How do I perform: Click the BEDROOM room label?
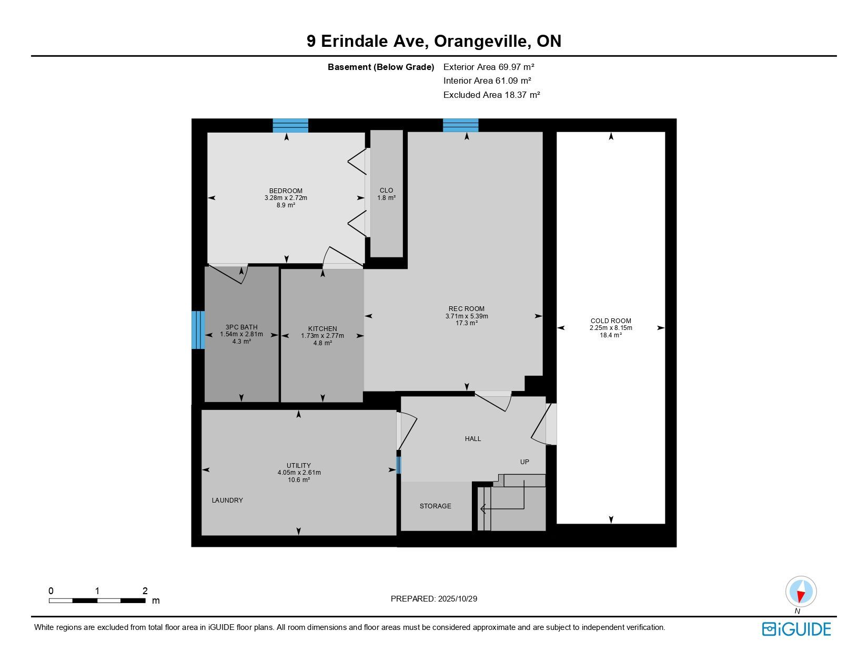click(286, 191)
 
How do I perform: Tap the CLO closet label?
click(386, 191)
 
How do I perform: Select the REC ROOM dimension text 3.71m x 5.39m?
click(467, 316)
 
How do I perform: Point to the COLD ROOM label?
click(611, 321)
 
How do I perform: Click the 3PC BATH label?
click(241, 327)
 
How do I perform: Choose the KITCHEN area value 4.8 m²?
click(322, 343)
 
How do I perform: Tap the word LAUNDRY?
click(227, 500)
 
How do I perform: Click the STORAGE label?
click(436, 506)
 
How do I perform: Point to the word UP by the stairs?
click(524, 462)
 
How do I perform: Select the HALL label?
click(473, 439)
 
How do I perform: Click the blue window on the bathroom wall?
click(198, 330)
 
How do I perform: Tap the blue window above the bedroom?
click(290, 125)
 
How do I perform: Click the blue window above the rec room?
click(460, 125)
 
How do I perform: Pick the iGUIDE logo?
click(796, 629)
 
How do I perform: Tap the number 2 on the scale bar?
click(145, 590)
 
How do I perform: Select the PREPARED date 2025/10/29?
click(457, 599)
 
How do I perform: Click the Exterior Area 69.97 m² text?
click(489, 67)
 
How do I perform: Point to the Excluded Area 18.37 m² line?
click(491, 95)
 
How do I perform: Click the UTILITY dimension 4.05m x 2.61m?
click(299, 473)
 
